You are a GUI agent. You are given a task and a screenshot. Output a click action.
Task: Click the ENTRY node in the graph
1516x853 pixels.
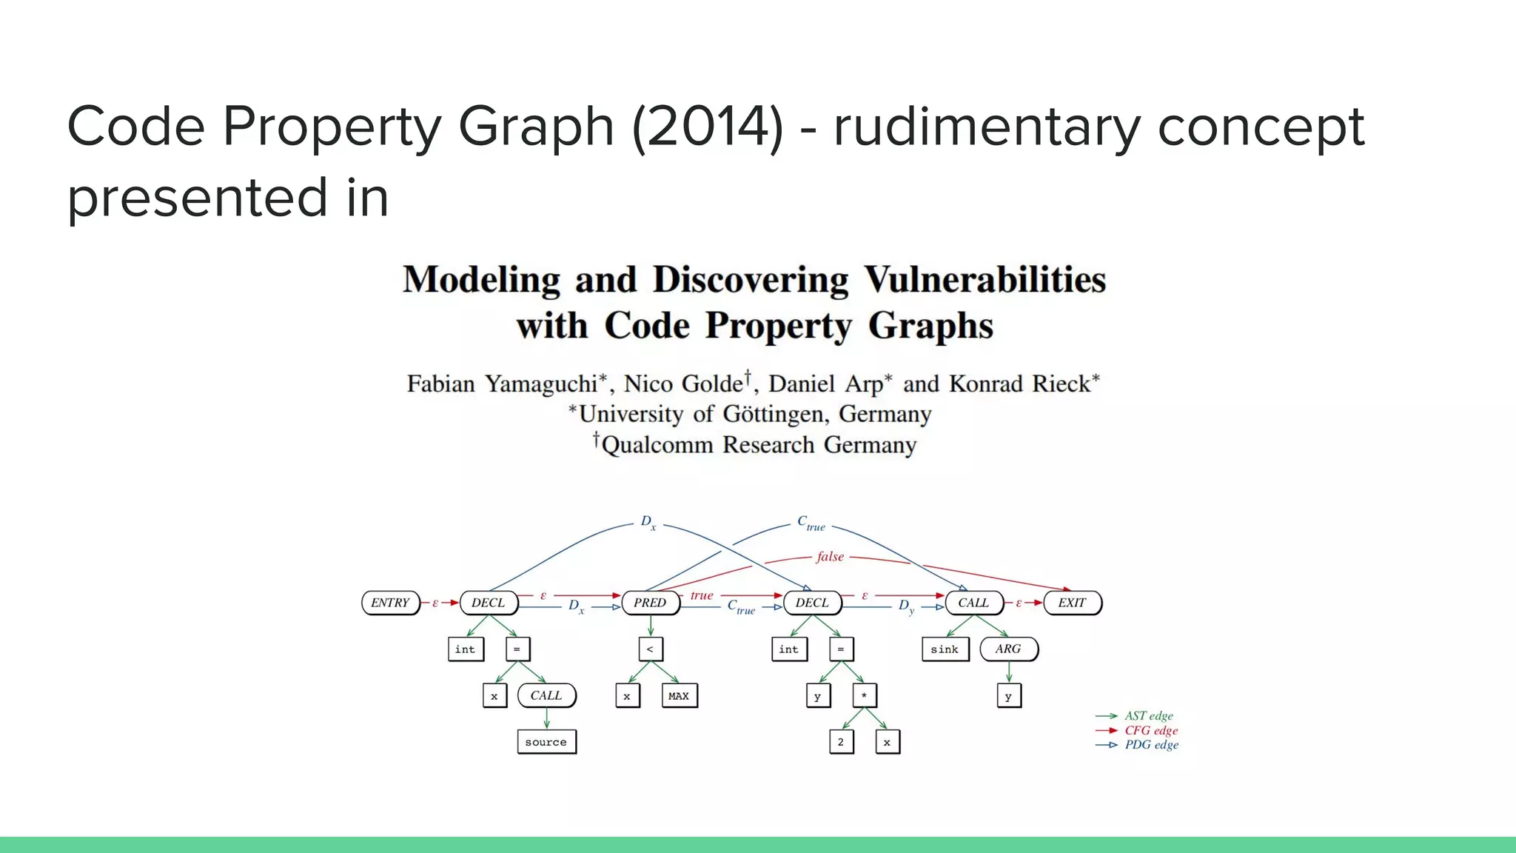pyautogui.click(x=390, y=603)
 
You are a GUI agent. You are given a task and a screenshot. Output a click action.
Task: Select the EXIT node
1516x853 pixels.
pyautogui.click(x=1072, y=603)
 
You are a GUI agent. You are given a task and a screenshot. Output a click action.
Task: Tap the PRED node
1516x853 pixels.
pyautogui.click(x=650, y=603)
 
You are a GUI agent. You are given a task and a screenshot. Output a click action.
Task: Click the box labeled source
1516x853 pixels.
pyautogui.click(x=546, y=742)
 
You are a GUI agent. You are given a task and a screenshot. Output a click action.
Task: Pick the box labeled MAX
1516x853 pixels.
pyautogui.click(x=679, y=696)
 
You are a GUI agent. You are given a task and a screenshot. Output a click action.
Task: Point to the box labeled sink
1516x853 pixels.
pyautogui.click(x=945, y=649)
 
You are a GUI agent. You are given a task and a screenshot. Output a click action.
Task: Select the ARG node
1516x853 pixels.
pyautogui.click(x=1008, y=649)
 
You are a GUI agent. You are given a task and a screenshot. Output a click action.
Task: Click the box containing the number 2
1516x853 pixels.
pyautogui.click(x=841, y=742)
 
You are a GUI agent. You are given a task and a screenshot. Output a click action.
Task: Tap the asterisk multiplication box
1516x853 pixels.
pyautogui.click(x=864, y=696)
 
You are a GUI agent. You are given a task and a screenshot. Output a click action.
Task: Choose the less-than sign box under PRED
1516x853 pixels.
pyautogui.click(x=650, y=649)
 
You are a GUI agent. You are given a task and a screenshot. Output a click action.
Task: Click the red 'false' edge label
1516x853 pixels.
pyautogui.click(x=830, y=557)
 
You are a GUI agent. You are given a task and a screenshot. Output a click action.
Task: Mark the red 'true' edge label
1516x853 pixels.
pyautogui.click(x=702, y=595)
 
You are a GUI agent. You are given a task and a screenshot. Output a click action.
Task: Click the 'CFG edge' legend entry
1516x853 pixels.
pyautogui.click(x=1151, y=731)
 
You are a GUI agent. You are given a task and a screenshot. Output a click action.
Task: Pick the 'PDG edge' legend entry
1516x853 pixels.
pyautogui.click(x=1151, y=745)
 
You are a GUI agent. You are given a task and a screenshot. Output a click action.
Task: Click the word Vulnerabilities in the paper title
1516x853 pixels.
pyautogui.click(x=985, y=281)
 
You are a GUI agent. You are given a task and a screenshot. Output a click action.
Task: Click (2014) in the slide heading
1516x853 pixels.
pyautogui.click(x=708, y=127)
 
